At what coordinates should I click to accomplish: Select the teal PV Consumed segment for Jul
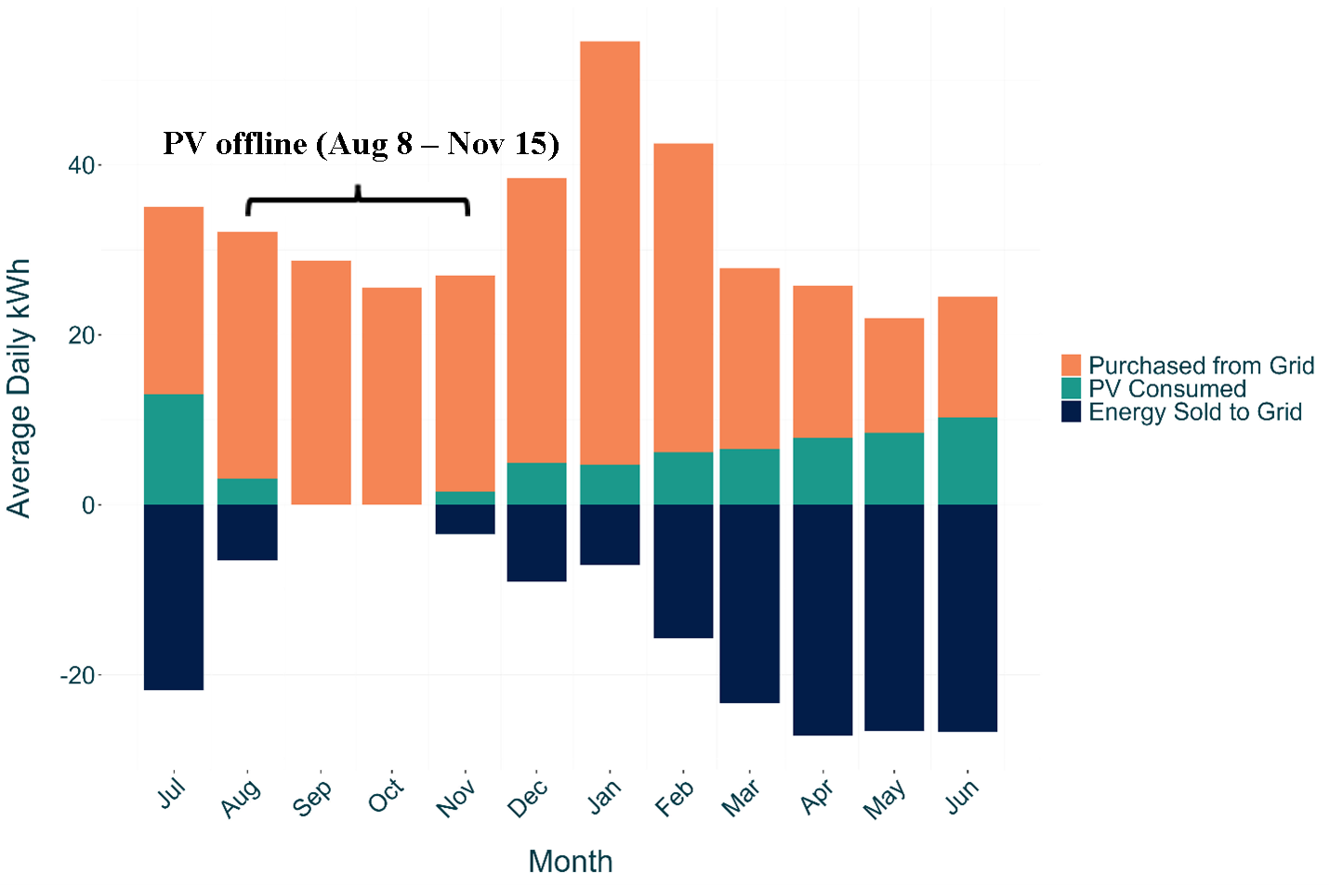click(x=174, y=449)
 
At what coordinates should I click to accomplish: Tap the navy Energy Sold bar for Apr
click(x=822, y=619)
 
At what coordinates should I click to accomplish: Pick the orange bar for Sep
click(x=321, y=383)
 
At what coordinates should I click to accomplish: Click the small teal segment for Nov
click(x=465, y=498)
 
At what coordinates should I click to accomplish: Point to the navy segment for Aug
click(x=247, y=532)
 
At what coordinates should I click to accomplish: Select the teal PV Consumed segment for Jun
click(x=967, y=461)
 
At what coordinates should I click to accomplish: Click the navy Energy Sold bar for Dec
click(x=536, y=542)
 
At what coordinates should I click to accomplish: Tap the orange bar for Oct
click(x=392, y=396)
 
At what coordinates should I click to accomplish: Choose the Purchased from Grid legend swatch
click(x=1071, y=365)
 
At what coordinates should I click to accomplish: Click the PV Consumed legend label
click(x=1166, y=389)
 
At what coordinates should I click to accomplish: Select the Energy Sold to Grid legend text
click(x=1194, y=412)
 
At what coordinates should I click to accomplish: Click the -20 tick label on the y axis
click(x=77, y=675)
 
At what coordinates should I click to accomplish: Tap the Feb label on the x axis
click(x=675, y=797)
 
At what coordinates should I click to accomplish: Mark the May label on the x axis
click(x=884, y=799)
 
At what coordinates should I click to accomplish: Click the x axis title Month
click(x=570, y=861)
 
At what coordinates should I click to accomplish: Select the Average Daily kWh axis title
click(x=19, y=387)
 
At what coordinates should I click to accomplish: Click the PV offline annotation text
click(x=361, y=144)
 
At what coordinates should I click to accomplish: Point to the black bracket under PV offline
click(x=358, y=200)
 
